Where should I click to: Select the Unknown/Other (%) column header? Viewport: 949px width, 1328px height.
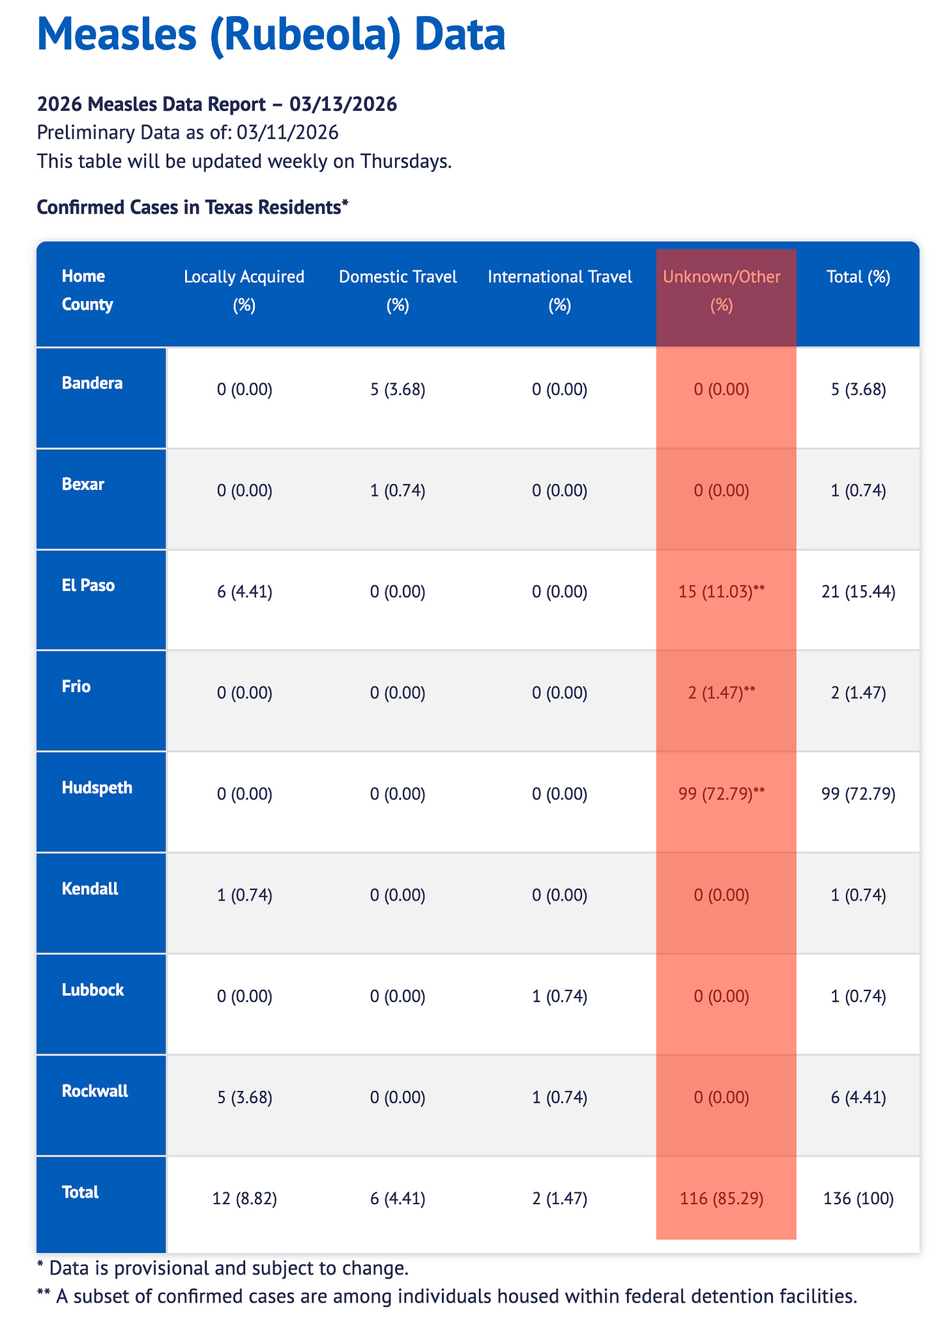point(722,291)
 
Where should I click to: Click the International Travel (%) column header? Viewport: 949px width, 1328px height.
point(560,291)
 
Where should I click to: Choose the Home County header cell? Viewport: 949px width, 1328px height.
point(87,291)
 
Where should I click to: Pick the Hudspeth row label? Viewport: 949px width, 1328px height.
point(97,788)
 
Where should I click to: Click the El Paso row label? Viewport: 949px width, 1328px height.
point(88,585)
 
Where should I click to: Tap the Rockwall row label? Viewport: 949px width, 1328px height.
point(95,1091)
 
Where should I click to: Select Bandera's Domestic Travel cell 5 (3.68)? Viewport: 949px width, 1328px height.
point(398,390)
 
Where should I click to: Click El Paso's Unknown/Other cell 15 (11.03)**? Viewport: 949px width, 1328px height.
point(722,592)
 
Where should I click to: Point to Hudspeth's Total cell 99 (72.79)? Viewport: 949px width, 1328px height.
point(858,794)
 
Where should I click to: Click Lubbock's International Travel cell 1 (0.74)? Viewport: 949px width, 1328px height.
point(560,996)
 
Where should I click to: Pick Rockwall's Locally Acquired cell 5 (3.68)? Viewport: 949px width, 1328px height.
point(244,1097)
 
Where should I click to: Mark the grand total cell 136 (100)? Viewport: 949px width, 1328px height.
point(858,1198)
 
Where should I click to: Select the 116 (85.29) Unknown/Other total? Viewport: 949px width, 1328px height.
point(722,1198)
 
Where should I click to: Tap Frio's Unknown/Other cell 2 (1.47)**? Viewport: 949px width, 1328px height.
point(722,693)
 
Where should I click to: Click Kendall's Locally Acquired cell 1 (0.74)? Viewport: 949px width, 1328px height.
point(244,895)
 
